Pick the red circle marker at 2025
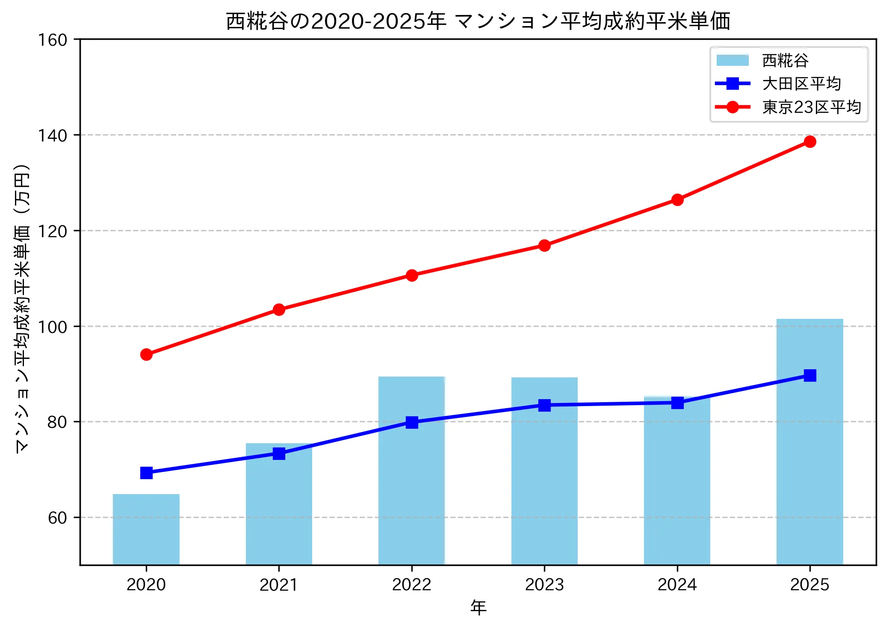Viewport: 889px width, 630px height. tap(809, 142)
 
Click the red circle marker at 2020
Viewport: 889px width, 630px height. tap(146, 355)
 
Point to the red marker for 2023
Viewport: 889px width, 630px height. tap(544, 245)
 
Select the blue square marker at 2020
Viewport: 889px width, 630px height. tap(146, 473)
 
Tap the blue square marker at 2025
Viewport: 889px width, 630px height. tap(809, 375)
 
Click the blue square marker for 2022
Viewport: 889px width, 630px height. tap(411, 422)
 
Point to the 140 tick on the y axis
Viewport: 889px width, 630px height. tap(53, 136)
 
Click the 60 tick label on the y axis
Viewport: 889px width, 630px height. tap(57, 518)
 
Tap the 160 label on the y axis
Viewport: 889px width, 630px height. tap(53, 40)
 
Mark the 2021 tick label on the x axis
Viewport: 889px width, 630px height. tap(278, 585)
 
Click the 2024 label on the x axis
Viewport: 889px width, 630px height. tap(677, 585)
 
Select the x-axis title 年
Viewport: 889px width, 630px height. tap(478, 607)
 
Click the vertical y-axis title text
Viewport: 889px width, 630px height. tap(22, 308)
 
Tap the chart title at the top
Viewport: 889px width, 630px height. tap(478, 21)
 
